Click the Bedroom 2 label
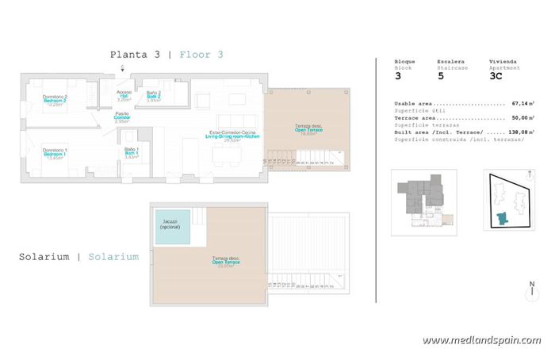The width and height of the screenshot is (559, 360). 55,100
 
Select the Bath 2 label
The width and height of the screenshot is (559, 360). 154,96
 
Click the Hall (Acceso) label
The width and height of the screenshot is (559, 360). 123,95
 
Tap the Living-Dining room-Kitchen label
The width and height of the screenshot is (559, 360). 232,136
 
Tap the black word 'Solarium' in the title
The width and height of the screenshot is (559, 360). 44,257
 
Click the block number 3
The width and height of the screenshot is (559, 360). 398,78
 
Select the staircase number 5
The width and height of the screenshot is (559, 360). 440,78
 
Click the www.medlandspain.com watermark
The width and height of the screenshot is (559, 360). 481,340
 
